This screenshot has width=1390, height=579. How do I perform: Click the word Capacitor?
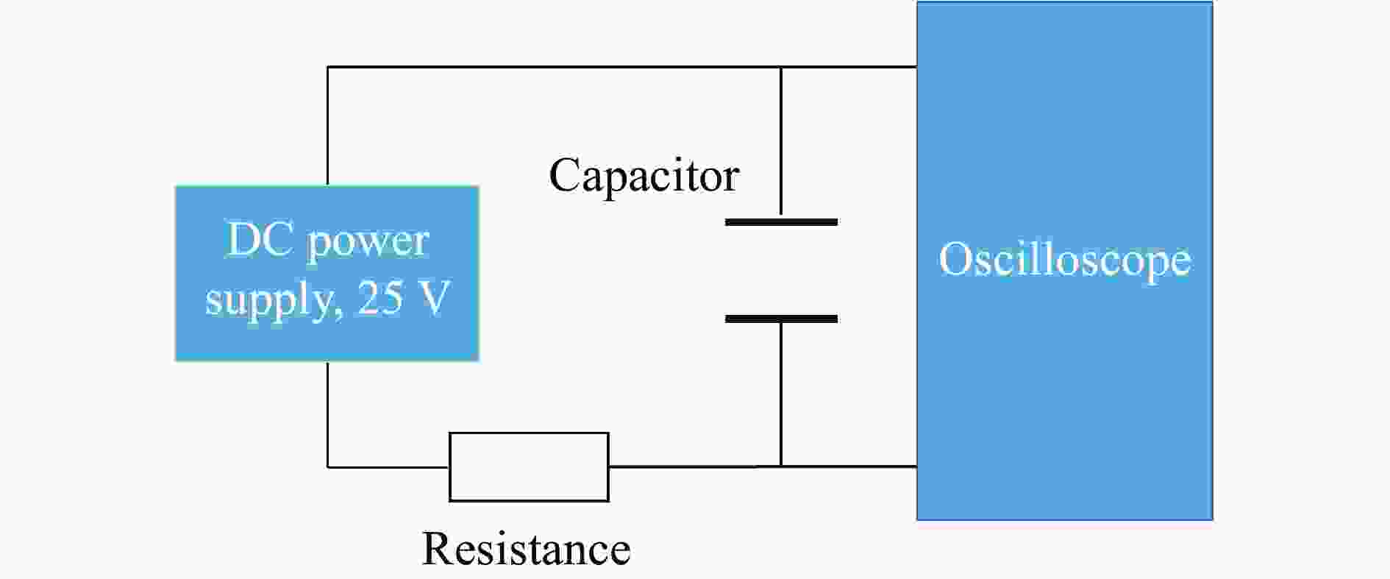click(x=644, y=177)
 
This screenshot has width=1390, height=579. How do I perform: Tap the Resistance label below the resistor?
click(x=526, y=549)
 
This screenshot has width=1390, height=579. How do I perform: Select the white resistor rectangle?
click(x=529, y=466)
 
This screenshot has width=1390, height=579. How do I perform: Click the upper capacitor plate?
click(x=781, y=221)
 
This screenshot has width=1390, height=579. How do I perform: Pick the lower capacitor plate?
click(x=781, y=319)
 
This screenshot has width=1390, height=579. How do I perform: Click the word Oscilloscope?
click(x=1064, y=260)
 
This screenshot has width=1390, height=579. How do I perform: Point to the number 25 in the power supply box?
click(x=381, y=298)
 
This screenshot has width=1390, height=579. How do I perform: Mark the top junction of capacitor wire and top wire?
click(x=781, y=67)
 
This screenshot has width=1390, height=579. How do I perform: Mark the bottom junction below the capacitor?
click(x=781, y=466)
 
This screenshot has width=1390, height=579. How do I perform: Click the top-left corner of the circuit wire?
click(x=328, y=67)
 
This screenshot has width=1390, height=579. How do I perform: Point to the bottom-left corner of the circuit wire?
click(x=328, y=466)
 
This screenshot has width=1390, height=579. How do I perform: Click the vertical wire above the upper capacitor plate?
click(x=781, y=143)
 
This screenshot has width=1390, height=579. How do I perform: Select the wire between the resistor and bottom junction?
click(x=695, y=466)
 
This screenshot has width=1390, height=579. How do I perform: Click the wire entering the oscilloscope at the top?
click(x=849, y=67)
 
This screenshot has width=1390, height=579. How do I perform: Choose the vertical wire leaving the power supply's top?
click(x=328, y=126)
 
